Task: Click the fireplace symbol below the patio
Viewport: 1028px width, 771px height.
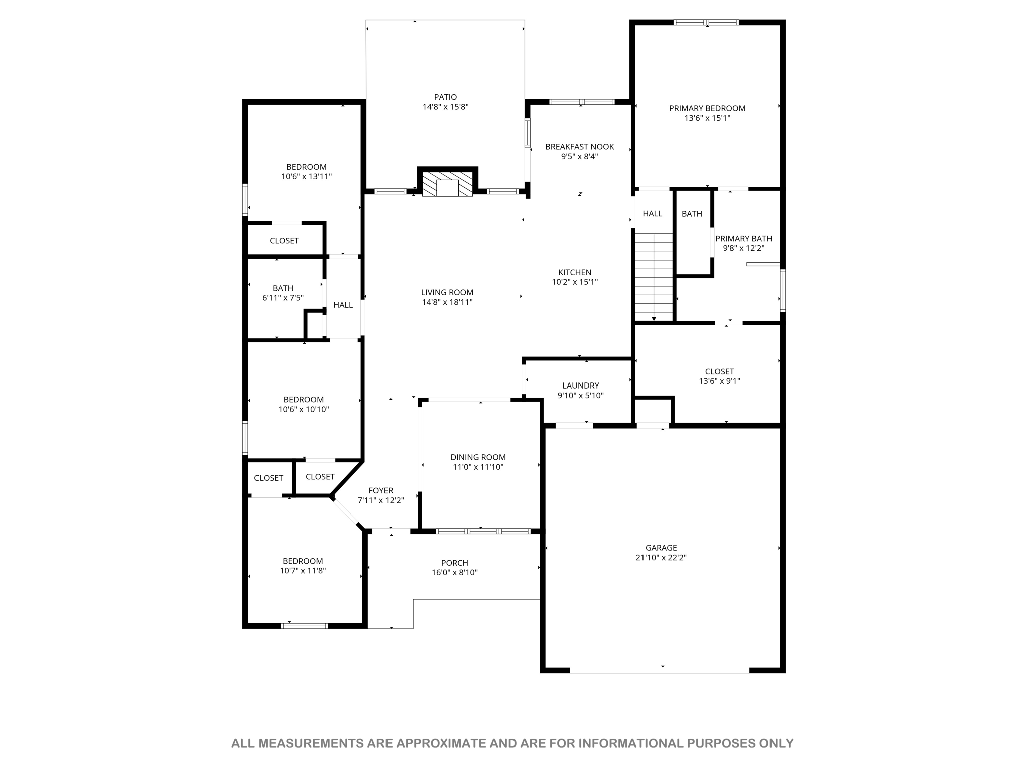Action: point(447,184)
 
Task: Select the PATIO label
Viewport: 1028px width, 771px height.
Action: point(446,97)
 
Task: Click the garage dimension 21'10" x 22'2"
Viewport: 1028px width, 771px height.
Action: point(661,557)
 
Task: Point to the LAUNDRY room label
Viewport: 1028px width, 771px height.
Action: point(581,385)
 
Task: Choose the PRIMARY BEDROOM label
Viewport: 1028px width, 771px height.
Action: point(707,108)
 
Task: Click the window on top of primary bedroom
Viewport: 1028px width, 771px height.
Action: point(706,22)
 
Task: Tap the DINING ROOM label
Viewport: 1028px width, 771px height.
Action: point(478,457)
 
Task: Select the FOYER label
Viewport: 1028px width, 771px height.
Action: point(381,491)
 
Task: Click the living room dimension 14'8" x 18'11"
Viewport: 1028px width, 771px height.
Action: point(447,302)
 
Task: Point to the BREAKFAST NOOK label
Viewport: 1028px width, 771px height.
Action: point(580,147)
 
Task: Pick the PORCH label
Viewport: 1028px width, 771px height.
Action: point(455,563)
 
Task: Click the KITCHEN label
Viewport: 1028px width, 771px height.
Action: point(575,272)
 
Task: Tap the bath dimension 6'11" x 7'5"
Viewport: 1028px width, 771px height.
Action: point(283,298)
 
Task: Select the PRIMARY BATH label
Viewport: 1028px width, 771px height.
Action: point(743,239)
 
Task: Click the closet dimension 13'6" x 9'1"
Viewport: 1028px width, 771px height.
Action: point(719,381)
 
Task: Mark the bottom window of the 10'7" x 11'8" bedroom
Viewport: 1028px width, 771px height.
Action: point(304,626)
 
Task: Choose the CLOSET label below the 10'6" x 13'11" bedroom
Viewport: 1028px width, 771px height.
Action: point(284,241)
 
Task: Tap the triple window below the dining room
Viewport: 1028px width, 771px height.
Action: point(483,531)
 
